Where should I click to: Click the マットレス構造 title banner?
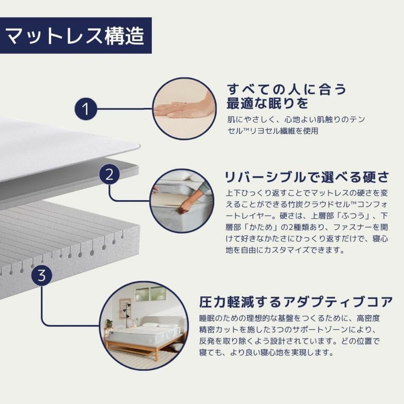[x=76, y=35]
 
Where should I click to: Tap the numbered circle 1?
[x=86, y=109]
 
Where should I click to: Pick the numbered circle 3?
[x=42, y=275]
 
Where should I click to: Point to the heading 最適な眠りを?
[x=267, y=104]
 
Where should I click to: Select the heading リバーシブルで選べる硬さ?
[x=307, y=177]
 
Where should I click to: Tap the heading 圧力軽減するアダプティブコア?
[x=296, y=302]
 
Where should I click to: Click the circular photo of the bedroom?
[x=144, y=326]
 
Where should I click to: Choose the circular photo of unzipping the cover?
[x=182, y=201]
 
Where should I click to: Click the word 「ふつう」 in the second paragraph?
[x=354, y=215]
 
